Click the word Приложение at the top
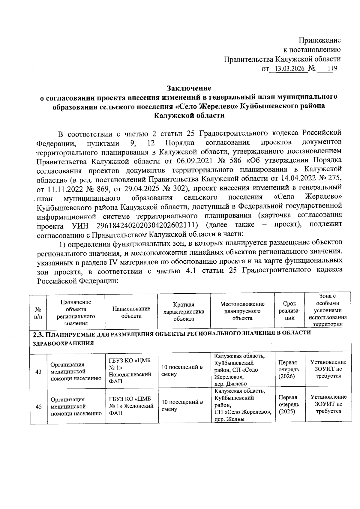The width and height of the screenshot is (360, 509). click(x=319, y=40)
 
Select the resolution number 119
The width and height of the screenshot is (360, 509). click(x=332, y=69)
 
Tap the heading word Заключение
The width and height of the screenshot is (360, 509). click(x=189, y=88)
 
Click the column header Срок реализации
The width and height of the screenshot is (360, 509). click(x=289, y=311)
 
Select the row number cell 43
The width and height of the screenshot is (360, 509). click(x=38, y=372)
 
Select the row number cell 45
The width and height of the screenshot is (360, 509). click(x=39, y=406)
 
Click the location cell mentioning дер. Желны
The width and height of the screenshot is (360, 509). click(x=242, y=405)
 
